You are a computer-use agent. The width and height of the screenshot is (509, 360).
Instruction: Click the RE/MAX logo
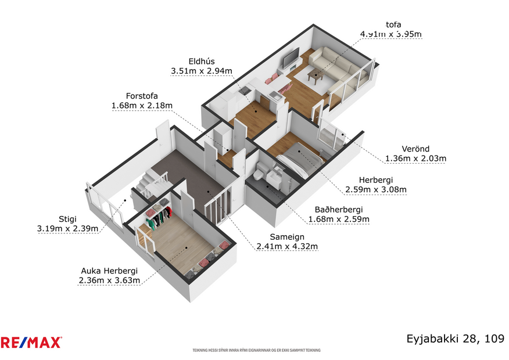(x=31, y=343)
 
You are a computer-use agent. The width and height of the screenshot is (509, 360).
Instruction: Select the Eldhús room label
(x=202, y=62)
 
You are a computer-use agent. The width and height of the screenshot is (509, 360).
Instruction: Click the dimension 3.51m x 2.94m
(x=202, y=71)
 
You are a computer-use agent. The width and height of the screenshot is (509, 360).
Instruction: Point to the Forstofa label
(x=142, y=96)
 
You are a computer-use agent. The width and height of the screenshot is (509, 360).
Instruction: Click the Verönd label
(x=415, y=148)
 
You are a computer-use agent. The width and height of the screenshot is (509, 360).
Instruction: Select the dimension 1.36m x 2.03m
(x=415, y=158)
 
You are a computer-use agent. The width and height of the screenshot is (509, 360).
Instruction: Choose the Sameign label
(x=287, y=236)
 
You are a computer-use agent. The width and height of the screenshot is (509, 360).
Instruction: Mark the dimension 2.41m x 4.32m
(x=287, y=246)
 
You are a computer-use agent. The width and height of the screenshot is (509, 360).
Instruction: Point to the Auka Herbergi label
(x=110, y=271)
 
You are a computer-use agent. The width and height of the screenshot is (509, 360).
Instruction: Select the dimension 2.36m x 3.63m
(x=110, y=280)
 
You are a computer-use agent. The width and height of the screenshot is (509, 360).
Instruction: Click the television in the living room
(x=291, y=58)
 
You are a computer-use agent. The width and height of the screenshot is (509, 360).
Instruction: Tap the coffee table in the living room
(x=316, y=75)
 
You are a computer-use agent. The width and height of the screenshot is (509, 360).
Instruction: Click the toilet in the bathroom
(x=261, y=171)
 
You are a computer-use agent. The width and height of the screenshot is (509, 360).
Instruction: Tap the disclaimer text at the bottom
(x=256, y=350)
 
